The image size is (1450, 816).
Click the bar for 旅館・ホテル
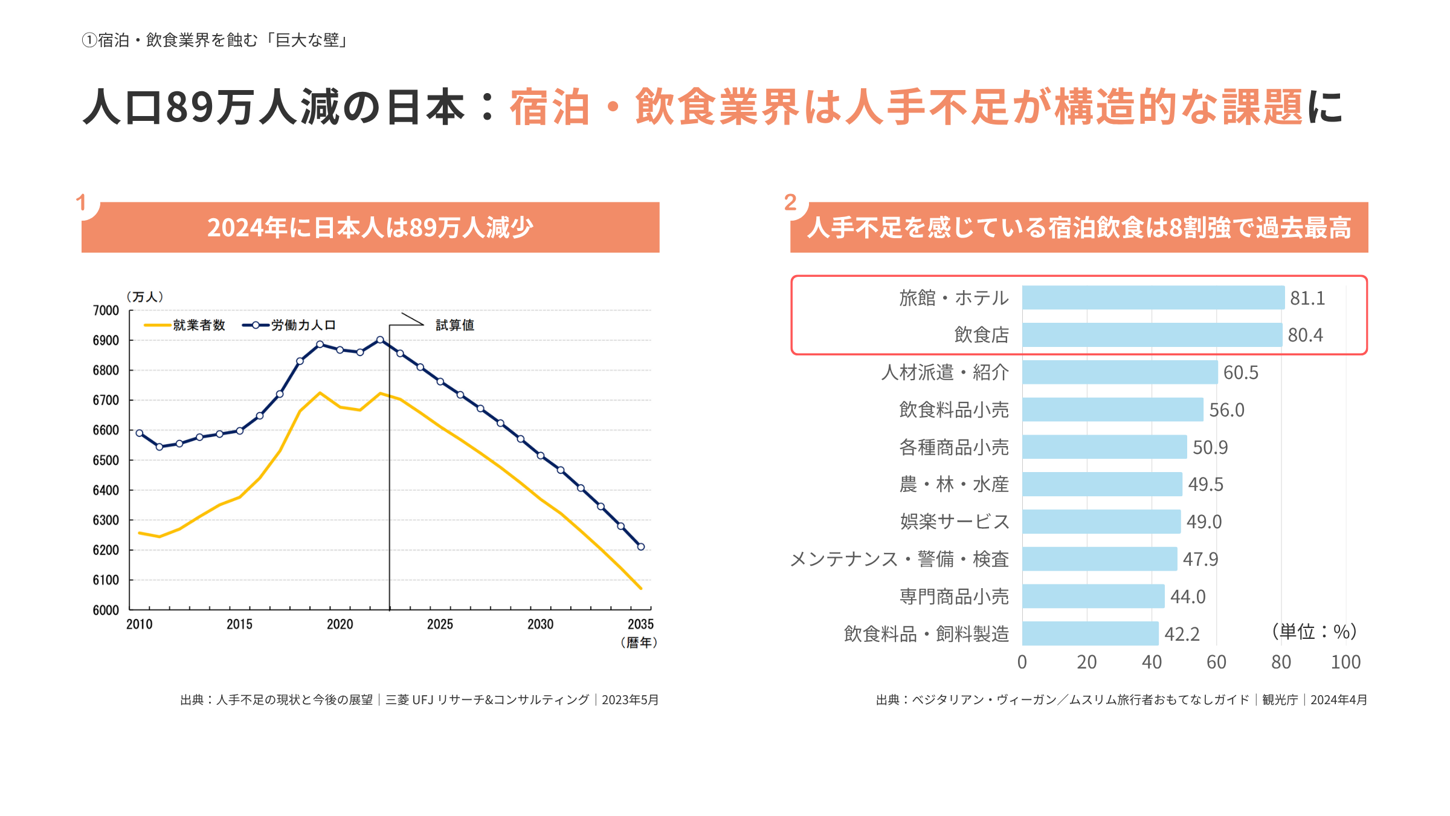tap(1153, 297)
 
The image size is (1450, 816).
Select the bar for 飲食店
tap(1152, 335)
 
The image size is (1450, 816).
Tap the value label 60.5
tap(1240, 372)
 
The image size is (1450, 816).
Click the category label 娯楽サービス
tap(954, 522)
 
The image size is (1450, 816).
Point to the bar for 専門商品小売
tap(1093, 597)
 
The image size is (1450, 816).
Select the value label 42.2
tap(1182, 634)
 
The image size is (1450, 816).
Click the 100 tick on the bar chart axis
tap(1345, 662)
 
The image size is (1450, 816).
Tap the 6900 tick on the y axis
tap(106, 340)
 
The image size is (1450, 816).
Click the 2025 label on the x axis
tap(440, 624)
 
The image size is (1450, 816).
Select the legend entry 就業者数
tap(198, 325)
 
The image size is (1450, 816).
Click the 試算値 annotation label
tap(455, 325)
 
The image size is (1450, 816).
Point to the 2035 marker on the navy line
tap(641, 546)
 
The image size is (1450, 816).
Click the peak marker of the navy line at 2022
tap(380, 340)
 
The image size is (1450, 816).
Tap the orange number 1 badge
tap(81, 202)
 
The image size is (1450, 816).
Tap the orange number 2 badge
tap(790, 202)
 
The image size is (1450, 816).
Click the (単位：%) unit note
tap(1314, 632)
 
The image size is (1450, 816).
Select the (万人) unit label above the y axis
tap(144, 297)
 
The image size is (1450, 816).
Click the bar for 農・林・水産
tap(1102, 484)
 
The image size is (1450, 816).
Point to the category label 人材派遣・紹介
tap(944, 372)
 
